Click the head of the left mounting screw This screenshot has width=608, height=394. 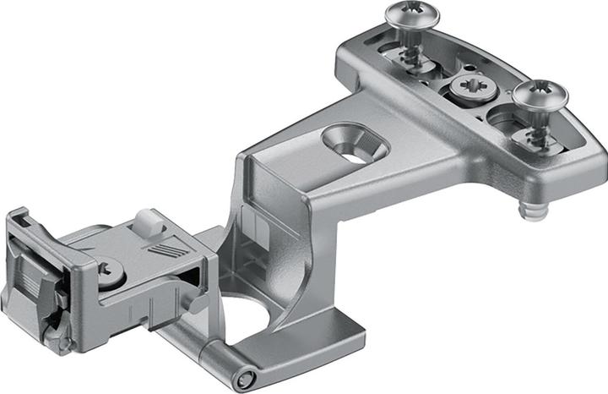408,14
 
